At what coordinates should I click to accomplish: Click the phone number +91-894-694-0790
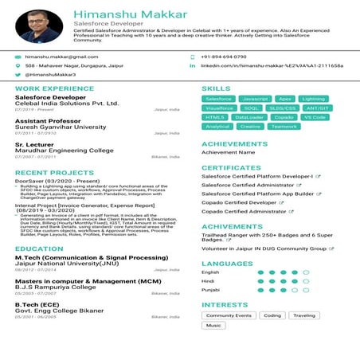click(x=224, y=57)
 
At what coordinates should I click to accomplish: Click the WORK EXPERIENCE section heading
click(x=49, y=88)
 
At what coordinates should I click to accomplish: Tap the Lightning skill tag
click(x=313, y=99)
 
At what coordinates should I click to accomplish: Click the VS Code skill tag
click(x=315, y=117)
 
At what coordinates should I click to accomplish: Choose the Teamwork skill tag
click(x=284, y=126)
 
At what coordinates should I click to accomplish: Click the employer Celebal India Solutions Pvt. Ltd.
click(x=67, y=103)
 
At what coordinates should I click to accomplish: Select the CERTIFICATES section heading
click(x=231, y=168)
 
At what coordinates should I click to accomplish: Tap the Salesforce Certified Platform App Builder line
click(x=257, y=194)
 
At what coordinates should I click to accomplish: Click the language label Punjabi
click(x=210, y=289)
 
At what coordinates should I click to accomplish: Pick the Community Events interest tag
click(x=229, y=315)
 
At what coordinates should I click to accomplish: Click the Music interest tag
click(x=213, y=325)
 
